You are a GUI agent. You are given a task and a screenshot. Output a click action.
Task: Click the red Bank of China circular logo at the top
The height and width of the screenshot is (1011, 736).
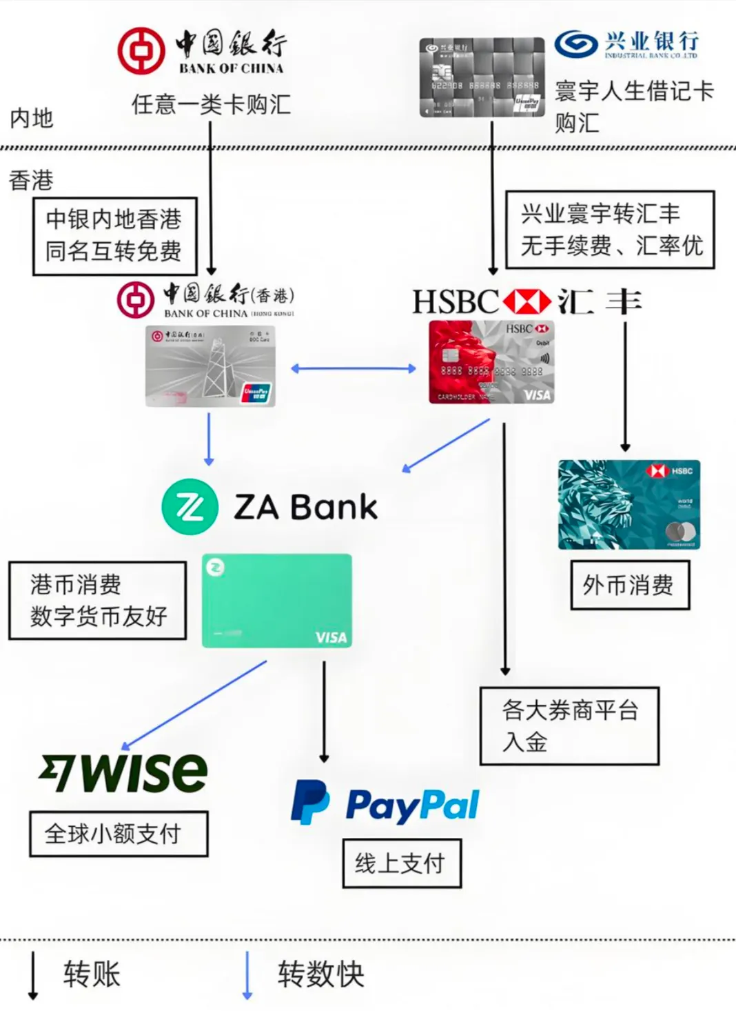point(141,51)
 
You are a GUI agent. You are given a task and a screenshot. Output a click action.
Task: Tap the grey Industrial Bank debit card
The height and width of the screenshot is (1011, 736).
point(482,77)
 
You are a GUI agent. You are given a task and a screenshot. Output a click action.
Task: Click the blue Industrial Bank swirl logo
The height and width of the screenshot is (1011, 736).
point(576,45)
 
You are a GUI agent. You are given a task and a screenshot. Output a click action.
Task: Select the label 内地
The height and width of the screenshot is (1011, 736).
point(32,118)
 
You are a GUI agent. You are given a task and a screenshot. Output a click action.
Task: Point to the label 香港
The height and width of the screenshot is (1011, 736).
point(31,181)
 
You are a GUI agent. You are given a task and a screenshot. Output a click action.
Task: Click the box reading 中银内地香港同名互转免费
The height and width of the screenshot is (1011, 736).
point(114,236)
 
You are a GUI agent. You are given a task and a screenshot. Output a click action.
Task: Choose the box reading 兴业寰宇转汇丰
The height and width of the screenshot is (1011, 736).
point(610,230)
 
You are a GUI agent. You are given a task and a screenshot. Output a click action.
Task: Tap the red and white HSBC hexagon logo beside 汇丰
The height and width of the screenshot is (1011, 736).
point(527,302)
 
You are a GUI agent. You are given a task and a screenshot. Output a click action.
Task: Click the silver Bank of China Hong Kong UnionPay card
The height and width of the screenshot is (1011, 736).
point(210,366)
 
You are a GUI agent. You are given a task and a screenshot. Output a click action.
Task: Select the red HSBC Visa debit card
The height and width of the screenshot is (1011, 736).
point(491,362)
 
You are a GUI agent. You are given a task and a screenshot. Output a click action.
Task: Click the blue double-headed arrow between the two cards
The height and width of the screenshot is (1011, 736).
point(353,369)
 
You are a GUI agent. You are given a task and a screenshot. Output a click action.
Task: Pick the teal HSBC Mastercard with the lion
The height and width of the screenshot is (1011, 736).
point(628,504)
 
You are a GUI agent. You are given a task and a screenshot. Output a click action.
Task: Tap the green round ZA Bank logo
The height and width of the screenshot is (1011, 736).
point(190,507)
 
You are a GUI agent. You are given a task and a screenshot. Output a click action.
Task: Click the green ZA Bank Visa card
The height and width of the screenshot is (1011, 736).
point(276,601)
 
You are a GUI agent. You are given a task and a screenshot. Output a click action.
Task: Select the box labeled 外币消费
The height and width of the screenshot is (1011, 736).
point(629,585)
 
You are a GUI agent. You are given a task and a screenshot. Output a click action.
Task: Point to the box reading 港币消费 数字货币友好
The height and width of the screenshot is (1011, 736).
point(98,600)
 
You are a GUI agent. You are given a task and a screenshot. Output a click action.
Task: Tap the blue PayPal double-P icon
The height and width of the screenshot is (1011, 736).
point(309,802)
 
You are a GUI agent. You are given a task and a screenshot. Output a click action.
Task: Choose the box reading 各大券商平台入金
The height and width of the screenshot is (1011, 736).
point(569,725)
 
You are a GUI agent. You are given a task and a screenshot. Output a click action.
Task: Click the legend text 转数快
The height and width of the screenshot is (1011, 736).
point(320,974)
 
